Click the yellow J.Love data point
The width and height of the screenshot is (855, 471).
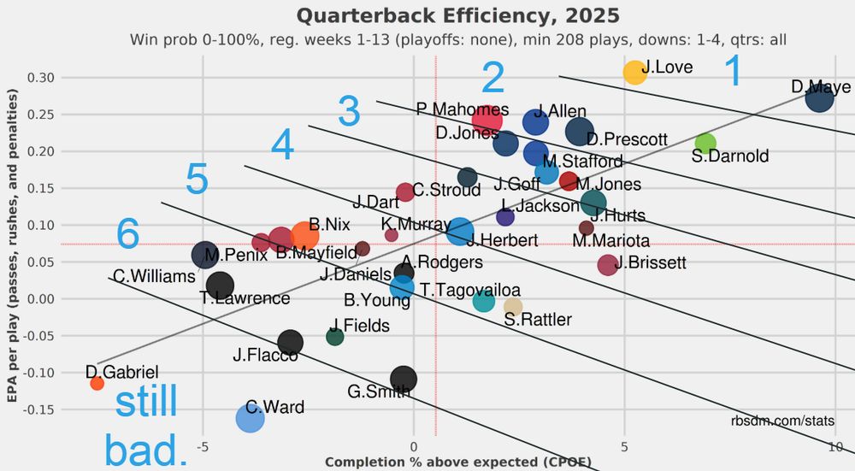pyautogui.click(x=634, y=73)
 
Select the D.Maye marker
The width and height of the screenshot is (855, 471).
pyautogui.click(x=819, y=99)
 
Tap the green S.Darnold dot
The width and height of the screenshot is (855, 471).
pyautogui.click(x=705, y=143)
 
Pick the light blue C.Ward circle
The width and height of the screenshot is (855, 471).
pyautogui.click(x=250, y=418)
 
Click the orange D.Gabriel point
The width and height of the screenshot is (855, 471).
pyautogui.click(x=97, y=383)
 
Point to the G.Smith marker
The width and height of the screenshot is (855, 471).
pyautogui.click(x=404, y=379)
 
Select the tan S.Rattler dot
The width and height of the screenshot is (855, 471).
pyautogui.click(x=513, y=307)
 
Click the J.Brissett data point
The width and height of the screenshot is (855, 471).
pyautogui.click(x=607, y=265)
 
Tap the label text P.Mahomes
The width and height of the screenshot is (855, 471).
pyautogui.click(x=463, y=109)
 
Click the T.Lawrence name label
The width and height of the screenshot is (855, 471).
pyautogui.click(x=245, y=298)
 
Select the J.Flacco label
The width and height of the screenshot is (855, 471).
pyautogui.click(x=265, y=356)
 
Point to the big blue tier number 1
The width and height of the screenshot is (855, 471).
pyautogui.click(x=733, y=72)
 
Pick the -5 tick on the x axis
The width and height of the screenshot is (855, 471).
pyautogui.click(x=203, y=446)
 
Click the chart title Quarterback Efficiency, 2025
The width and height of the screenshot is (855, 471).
pyautogui.click(x=457, y=16)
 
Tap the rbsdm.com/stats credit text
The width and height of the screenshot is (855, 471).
pyautogui.click(x=782, y=421)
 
